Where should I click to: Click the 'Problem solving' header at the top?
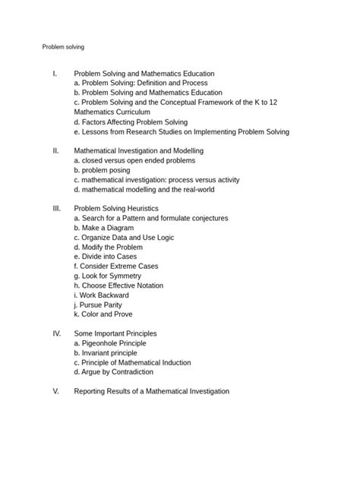(63, 46)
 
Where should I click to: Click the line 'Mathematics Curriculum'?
(112, 112)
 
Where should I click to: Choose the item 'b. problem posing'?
(106, 170)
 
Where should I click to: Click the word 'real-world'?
(219, 189)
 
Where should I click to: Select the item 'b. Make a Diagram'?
(104, 227)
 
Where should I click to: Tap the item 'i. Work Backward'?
(102, 295)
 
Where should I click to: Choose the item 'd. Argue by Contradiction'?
(114, 371)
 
